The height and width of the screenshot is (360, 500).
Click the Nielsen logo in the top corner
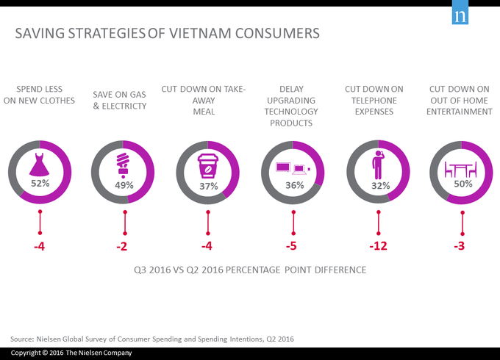461,17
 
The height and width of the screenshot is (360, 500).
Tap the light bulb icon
124,165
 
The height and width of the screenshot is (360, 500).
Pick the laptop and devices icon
293,169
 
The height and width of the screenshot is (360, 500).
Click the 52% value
40,181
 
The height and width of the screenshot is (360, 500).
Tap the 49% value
124,185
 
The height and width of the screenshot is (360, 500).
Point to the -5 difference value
293,245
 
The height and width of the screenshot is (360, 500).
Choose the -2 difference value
124,245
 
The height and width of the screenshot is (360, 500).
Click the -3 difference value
461,245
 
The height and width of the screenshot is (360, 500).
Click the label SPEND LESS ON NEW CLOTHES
40,95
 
